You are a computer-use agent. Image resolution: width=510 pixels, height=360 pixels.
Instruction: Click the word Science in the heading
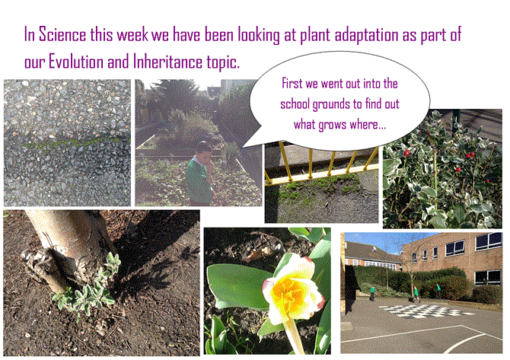coord(62,34)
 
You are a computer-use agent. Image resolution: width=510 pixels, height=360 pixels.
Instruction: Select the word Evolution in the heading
coord(76,62)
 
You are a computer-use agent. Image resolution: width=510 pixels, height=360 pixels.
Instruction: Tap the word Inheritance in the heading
coord(167,62)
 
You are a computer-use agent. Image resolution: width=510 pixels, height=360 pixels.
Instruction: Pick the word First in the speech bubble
coord(292,83)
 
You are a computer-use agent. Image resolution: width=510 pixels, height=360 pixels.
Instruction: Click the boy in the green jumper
coord(200,172)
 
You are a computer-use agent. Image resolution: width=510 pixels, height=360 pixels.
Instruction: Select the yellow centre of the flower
coord(288,292)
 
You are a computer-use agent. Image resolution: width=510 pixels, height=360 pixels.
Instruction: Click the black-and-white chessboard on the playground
coord(426,311)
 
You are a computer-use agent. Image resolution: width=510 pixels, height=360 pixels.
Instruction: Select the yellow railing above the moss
coord(322,164)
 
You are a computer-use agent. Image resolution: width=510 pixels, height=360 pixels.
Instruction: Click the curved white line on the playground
coord(468,343)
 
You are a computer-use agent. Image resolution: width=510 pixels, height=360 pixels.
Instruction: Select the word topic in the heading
coord(223,62)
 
